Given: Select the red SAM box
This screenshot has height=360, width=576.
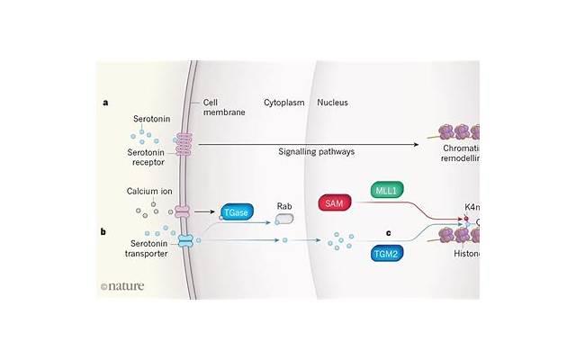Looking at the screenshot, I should point(334,203).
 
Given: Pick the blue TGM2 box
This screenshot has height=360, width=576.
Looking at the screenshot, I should point(385,255).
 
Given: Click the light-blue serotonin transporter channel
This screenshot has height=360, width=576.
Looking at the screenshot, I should point(185,241).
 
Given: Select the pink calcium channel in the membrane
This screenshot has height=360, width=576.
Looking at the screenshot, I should point(184,212).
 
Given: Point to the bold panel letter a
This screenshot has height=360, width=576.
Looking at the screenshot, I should point(105,103).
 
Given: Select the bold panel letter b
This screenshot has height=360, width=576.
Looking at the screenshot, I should point(104,231).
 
